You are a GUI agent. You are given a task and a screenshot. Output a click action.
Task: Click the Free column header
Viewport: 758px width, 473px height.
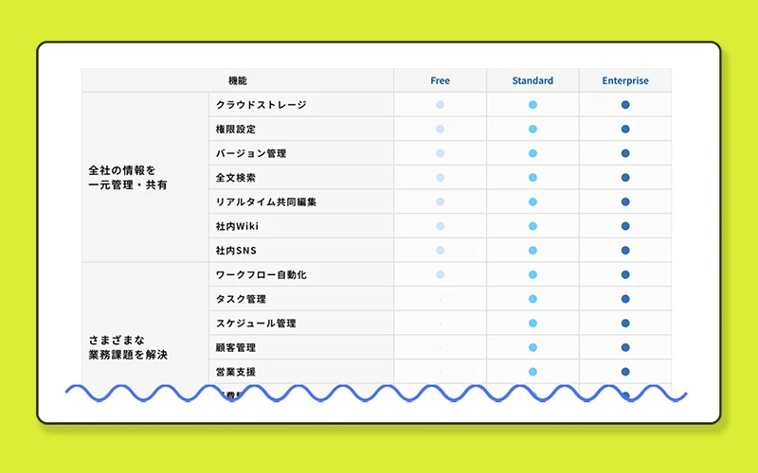(x=440, y=80)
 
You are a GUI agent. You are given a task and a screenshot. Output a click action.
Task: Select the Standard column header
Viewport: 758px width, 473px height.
(x=532, y=80)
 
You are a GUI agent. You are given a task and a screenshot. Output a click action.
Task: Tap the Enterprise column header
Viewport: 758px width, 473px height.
(x=625, y=80)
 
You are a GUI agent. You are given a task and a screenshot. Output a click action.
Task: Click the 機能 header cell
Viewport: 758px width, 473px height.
(x=238, y=80)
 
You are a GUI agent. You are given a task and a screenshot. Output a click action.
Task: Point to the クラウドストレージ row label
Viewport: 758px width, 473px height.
(x=262, y=104)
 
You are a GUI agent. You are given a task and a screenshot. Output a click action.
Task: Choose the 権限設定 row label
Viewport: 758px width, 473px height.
(x=236, y=129)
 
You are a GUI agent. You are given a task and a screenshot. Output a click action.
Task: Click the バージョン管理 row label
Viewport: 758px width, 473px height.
(x=251, y=153)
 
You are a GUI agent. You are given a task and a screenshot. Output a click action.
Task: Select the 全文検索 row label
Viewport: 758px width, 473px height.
(x=236, y=177)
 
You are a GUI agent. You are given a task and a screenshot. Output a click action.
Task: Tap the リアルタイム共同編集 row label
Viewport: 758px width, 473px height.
(x=266, y=201)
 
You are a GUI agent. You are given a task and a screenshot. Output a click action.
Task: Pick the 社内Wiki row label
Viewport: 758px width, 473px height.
(x=237, y=226)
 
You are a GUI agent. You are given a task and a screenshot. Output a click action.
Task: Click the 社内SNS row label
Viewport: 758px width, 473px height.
(x=236, y=251)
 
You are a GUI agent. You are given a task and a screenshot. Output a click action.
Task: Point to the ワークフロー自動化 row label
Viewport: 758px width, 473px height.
(x=262, y=274)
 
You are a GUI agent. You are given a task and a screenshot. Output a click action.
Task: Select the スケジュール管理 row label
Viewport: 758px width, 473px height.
(x=256, y=324)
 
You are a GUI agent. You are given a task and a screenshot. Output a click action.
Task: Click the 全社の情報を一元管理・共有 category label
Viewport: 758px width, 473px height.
(x=127, y=178)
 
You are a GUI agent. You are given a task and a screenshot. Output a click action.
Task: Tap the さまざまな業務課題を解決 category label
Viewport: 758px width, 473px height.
(x=127, y=347)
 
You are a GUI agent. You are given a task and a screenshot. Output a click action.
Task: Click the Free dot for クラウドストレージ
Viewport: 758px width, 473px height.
(x=440, y=104)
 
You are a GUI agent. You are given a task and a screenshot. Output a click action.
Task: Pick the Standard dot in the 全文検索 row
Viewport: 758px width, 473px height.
(x=532, y=177)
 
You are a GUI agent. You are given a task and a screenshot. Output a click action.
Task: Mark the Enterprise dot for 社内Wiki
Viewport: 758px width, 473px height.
(x=625, y=226)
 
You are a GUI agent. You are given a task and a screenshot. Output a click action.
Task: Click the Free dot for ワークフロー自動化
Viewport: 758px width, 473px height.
(x=440, y=274)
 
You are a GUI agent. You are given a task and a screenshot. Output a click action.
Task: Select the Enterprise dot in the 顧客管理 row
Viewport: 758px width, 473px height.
(x=625, y=347)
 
